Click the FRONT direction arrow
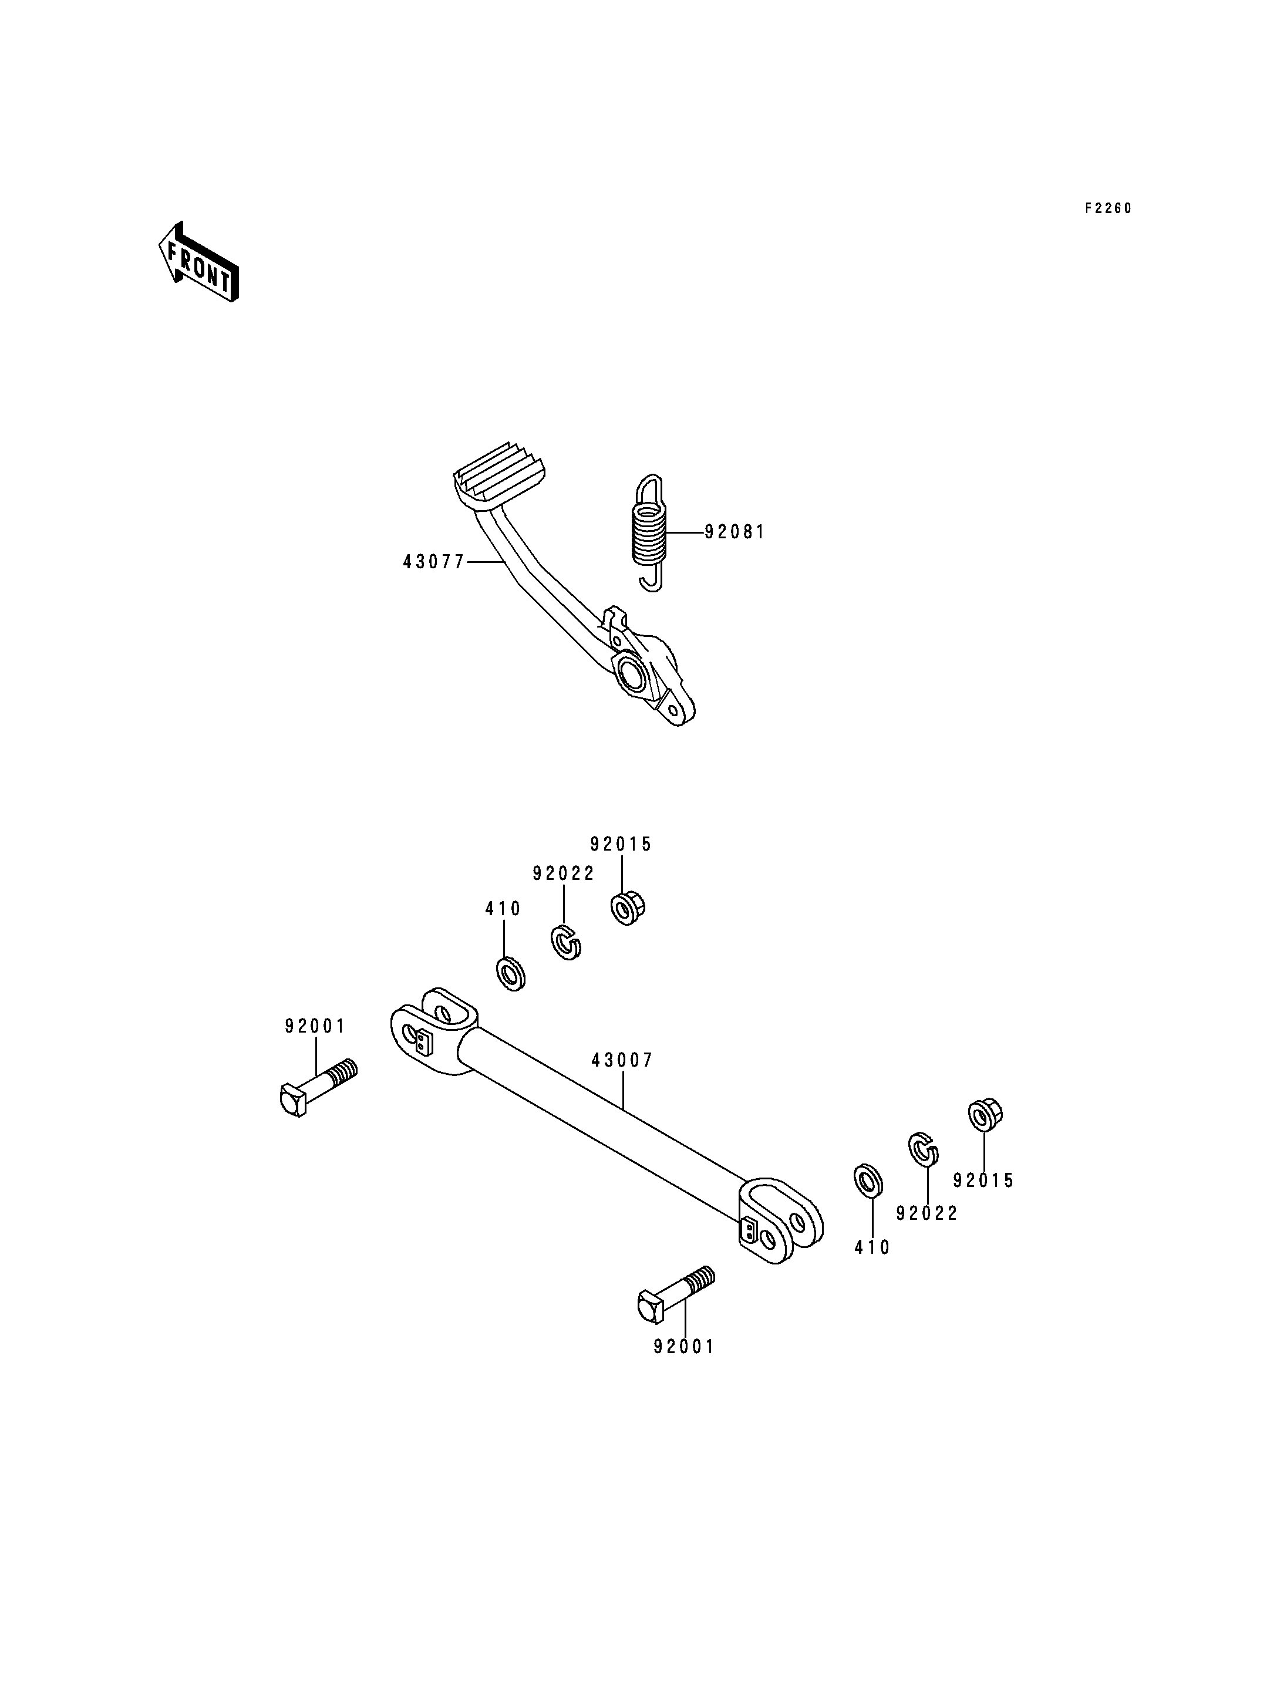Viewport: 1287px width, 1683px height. (x=198, y=262)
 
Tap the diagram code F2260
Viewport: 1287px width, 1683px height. (x=1108, y=208)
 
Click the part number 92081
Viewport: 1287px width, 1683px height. (x=735, y=532)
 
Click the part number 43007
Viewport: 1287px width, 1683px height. (x=622, y=1060)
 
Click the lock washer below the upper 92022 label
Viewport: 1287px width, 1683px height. (x=566, y=942)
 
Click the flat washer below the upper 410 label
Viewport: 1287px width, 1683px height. (x=511, y=974)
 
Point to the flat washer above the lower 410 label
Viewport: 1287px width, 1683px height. (x=868, y=1181)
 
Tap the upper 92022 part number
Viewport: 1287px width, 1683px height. (x=564, y=874)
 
